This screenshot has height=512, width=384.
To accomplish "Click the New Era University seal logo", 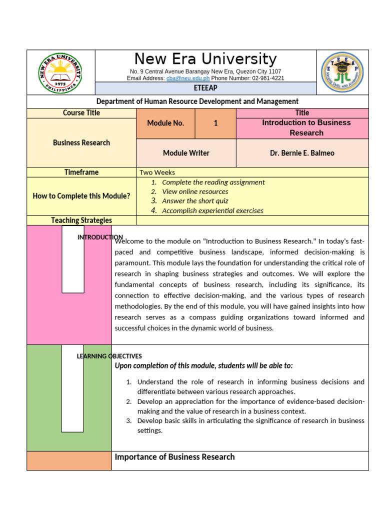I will pos(60,72).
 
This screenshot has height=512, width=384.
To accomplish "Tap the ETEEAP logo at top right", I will pos(342,72).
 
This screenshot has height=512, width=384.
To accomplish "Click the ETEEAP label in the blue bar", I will pos(205,88).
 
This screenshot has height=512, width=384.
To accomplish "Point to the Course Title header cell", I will pos(81,113).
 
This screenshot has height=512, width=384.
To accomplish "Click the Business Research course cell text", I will pos(81,142).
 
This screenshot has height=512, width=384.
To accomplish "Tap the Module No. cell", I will pos(165,123).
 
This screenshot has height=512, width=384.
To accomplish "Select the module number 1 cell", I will pos(215,123).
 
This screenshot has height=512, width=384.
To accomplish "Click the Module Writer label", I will pos(186,153).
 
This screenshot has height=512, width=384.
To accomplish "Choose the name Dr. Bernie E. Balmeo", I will pos(302,153).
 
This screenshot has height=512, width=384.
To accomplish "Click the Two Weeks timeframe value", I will pos(157,172).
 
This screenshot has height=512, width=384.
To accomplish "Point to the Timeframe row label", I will pos(81,172).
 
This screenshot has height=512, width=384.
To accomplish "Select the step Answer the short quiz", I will pos(195,201).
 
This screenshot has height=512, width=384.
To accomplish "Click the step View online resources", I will pos(195,191).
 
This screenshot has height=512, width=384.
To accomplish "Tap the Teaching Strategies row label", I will pos(81,220).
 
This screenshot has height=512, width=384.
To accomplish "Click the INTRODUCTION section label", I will pos(100,237).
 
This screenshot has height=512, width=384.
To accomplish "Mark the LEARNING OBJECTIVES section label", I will pos(109,356).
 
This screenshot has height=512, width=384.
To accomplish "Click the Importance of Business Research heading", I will pos(174,457).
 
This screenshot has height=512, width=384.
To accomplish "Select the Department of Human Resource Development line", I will pos(197,101).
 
